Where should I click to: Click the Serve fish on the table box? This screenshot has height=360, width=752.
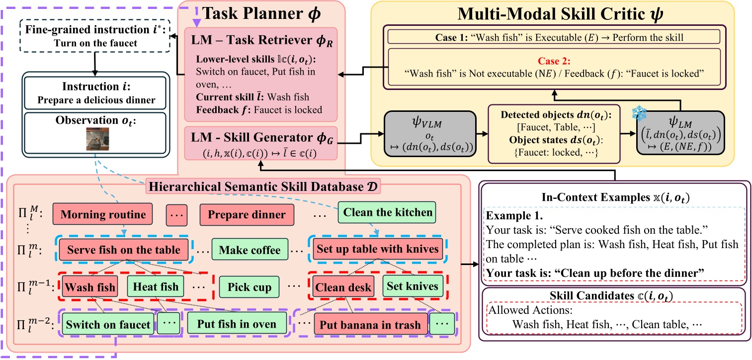pos(124,250)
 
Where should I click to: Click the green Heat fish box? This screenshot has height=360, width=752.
pos(156,287)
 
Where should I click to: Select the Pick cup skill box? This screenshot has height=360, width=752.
pos(249,287)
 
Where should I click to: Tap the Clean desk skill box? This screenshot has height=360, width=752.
pos(343,287)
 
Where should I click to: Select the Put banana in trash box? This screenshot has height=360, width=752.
pos(370,325)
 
